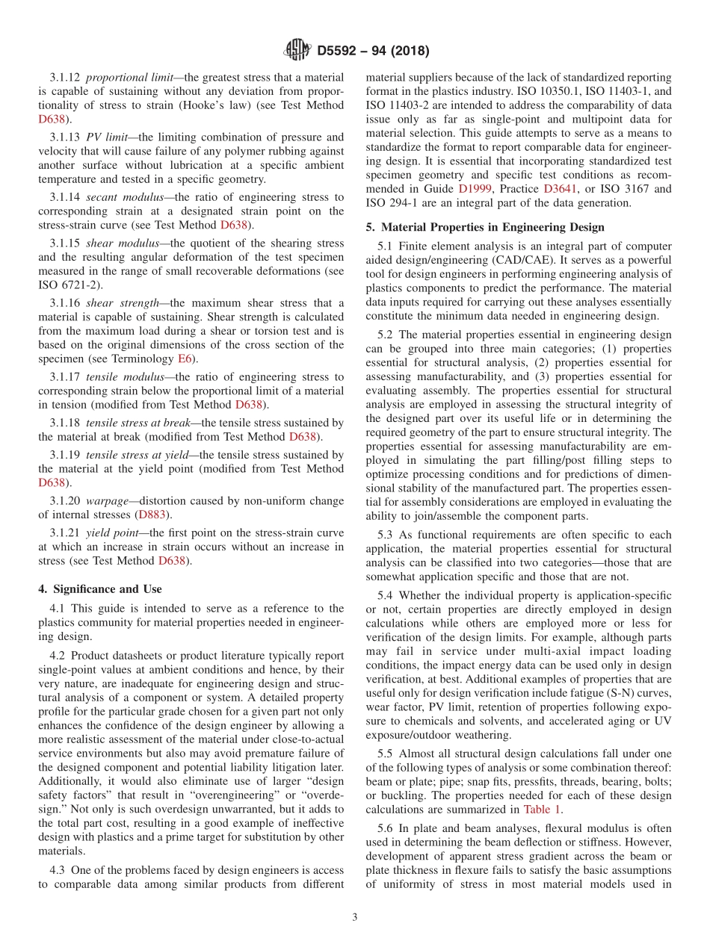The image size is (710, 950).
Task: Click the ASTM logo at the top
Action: (x=297, y=51)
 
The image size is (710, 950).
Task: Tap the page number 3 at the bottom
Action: (x=355, y=917)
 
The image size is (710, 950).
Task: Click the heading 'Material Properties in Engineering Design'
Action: (x=490, y=227)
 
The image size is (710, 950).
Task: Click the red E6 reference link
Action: (x=184, y=358)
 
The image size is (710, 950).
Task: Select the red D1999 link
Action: (x=475, y=189)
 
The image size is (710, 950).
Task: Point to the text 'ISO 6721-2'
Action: (x=66, y=284)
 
